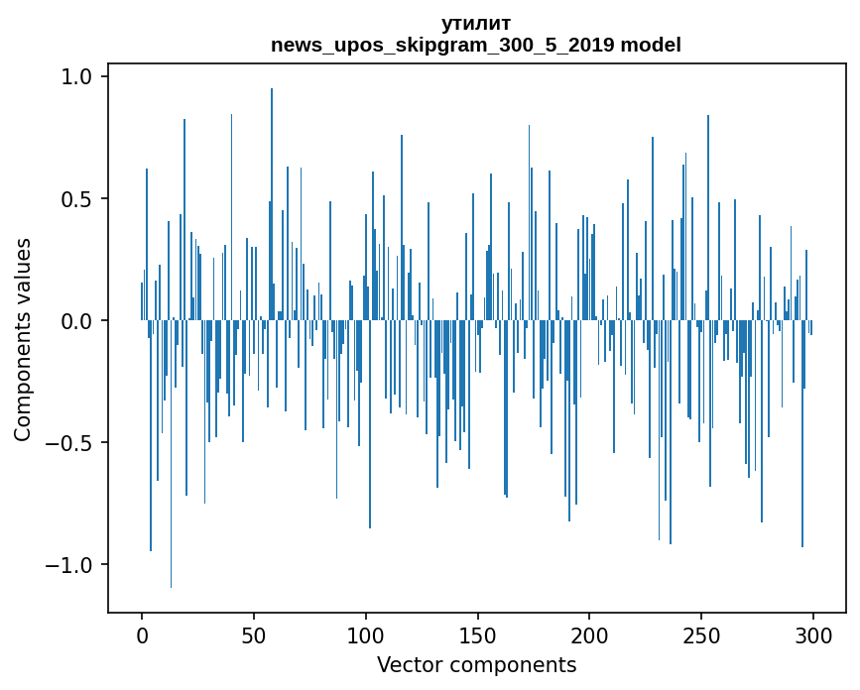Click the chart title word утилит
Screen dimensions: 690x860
click(476, 24)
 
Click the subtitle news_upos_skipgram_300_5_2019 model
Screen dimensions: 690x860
click(476, 45)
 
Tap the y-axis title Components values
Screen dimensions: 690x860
click(23, 339)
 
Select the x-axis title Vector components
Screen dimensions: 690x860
click(476, 664)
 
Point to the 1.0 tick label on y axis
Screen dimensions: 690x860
click(77, 77)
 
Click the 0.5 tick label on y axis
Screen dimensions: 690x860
click(77, 199)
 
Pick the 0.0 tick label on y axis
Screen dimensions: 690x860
click(77, 321)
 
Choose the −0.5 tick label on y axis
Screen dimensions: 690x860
click(70, 443)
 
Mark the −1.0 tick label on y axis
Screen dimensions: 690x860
click(70, 565)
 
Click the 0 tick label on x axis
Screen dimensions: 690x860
click(142, 635)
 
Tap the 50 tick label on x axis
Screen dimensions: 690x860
click(254, 635)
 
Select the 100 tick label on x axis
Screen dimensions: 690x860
click(365, 635)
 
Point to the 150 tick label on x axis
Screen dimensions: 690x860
click(477, 635)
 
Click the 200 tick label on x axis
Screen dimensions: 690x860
click(589, 635)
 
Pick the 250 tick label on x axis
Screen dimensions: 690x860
click(701, 635)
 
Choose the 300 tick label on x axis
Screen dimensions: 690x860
click(812, 635)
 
